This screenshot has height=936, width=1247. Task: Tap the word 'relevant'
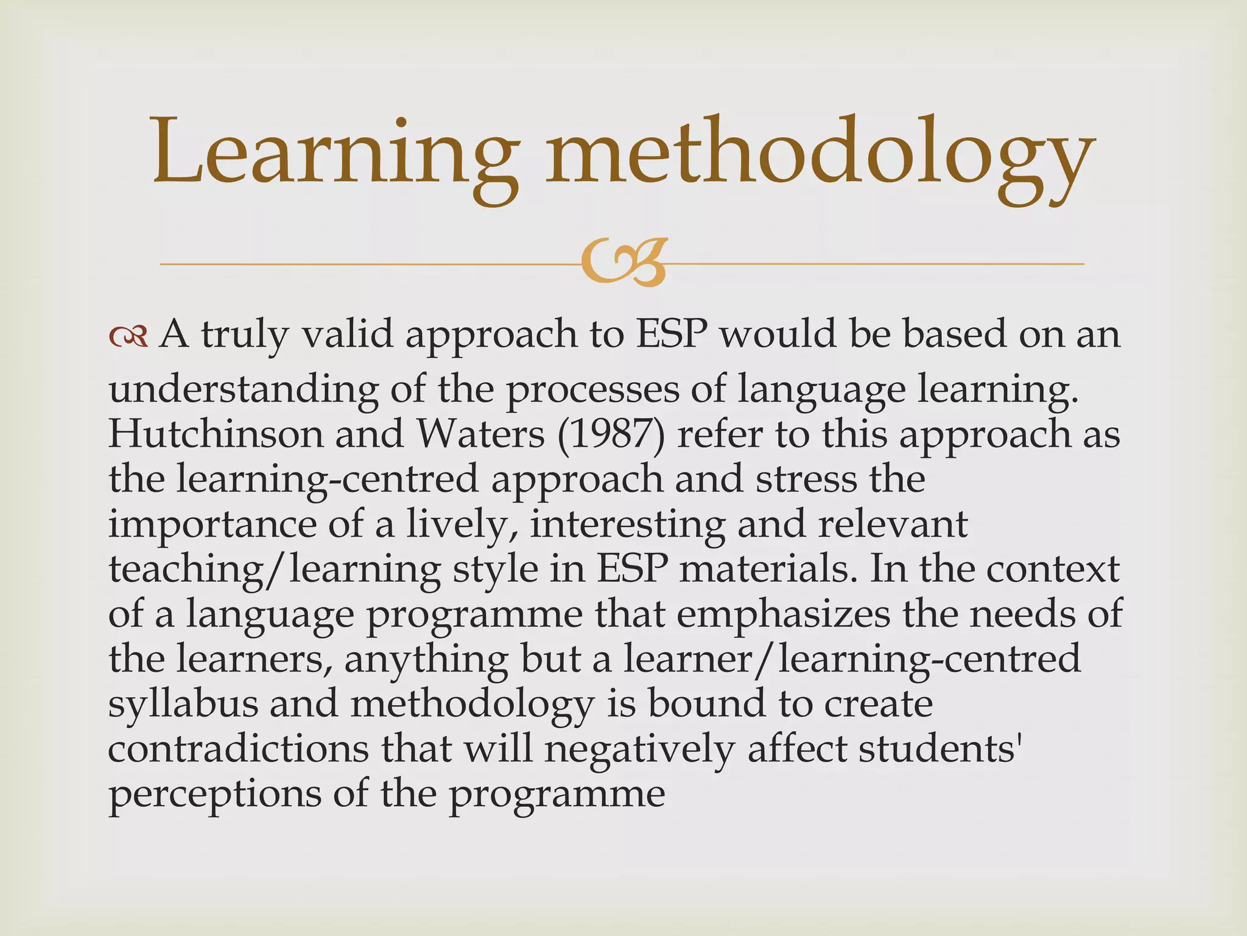[x=893, y=525]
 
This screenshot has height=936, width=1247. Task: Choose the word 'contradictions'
[x=238, y=749]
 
